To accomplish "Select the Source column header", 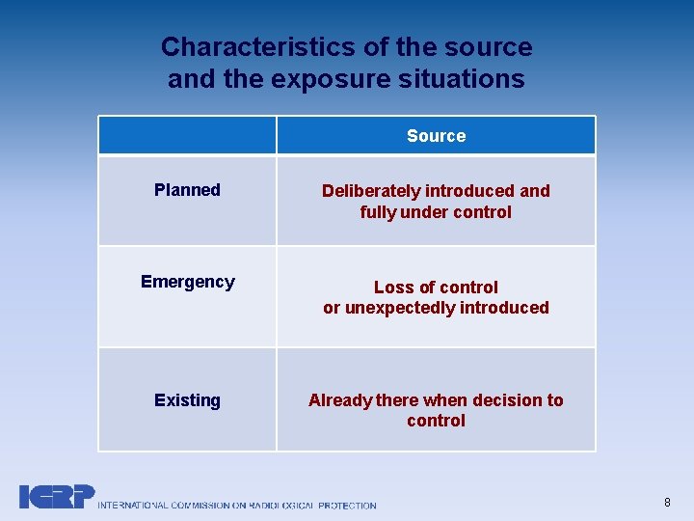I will [436, 136].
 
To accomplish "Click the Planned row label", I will [187, 190].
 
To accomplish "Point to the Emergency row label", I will [187, 282].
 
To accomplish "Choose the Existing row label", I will [187, 400].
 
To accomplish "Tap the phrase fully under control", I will [436, 212].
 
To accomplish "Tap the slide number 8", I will [667, 502].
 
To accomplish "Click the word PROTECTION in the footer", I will [347, 505].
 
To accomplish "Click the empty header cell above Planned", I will [187, 136].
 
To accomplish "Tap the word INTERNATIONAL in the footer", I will [134, 505].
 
